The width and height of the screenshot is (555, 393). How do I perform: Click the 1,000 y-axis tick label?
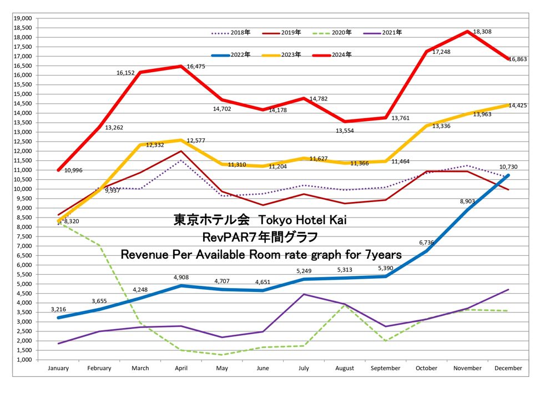click(24, 360)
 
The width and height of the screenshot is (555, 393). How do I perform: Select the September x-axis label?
click(385, 368)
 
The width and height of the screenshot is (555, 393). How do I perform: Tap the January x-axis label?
click(58, 368)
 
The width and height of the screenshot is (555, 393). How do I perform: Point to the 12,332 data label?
click(157, 145)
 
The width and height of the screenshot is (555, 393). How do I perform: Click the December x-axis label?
click(508, 368)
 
